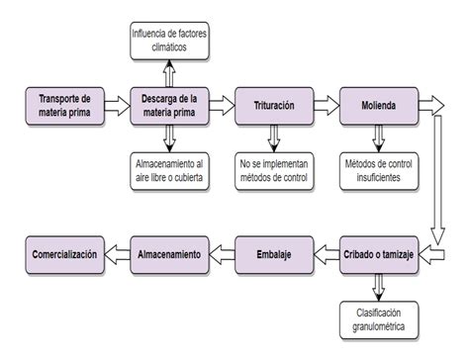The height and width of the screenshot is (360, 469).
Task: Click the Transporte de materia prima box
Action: click(x=64, y=105)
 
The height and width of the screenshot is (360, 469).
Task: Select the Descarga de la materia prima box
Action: click(x=167, y=105)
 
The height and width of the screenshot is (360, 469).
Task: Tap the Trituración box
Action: click(x=272, y=105)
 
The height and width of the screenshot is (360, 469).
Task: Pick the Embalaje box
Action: click(x=272, y=254)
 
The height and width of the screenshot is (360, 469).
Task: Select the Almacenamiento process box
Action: click(x=167, y=254)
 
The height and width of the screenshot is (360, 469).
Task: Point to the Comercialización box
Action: click(x=64, y=254)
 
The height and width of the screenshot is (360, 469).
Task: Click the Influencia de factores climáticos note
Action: click(x=167, y=41)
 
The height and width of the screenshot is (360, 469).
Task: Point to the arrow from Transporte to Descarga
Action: click(x=116, y=105)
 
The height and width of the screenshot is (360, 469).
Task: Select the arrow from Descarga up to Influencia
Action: click(x=167, y=72)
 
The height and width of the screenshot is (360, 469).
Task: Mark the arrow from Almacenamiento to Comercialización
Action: click(x=116, y=254)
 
